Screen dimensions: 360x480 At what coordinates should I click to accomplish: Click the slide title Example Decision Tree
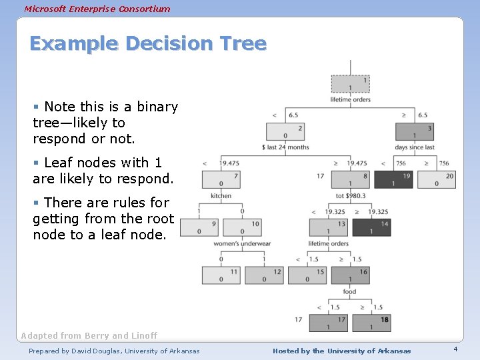pos(148,44)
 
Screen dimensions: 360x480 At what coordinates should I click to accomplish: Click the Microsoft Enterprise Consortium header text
pos(97,9)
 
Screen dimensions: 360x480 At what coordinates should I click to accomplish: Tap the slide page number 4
pos(455,350)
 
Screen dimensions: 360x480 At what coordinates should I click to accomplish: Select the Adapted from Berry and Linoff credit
pos(89,335)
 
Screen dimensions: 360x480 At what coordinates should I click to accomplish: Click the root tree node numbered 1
pos(351,84)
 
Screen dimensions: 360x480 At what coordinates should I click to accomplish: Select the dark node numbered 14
pos(371,227)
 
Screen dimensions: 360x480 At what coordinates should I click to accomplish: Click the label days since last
pos(415,147)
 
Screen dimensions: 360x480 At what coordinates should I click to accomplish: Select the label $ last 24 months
pos(286,147)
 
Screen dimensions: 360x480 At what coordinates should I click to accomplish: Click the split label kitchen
pos(221,196)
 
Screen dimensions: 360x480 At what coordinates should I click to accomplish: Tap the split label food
pos(349,291)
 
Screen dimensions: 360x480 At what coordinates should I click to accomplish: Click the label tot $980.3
pos(351,196)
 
